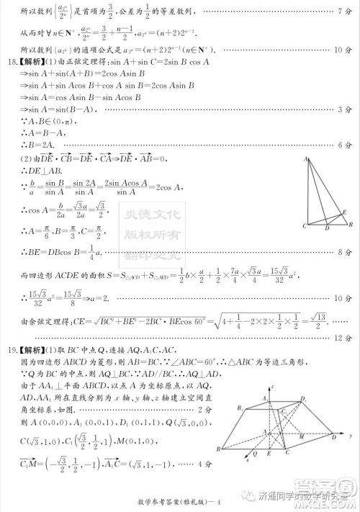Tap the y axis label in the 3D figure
(349, 437)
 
